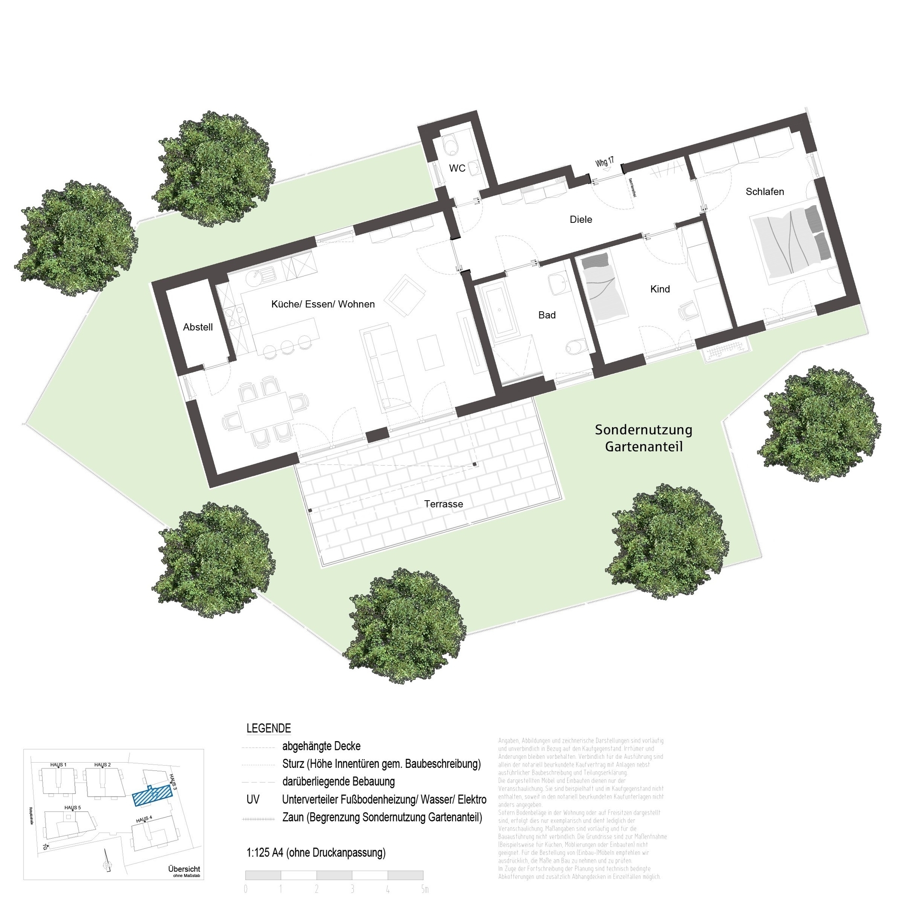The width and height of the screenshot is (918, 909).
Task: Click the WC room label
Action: tap(457, 168)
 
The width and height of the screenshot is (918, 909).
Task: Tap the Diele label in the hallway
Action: tap(580, 219)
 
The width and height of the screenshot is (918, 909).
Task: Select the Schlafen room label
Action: tap(765, 192)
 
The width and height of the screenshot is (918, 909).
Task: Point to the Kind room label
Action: tap(660, 289)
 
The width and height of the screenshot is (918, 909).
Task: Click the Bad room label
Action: tap(546, 315)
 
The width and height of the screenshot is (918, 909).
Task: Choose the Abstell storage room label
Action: tap(197, 327)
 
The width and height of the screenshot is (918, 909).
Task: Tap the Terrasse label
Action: tap(443, 504)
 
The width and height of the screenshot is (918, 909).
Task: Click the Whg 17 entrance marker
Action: tap(604, 162)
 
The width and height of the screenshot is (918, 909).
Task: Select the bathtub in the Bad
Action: tap(500, 313)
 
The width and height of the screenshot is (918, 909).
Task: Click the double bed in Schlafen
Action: tap(791, 243)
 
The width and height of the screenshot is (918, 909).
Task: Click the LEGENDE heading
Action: tap(268, 728)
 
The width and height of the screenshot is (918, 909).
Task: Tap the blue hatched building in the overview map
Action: tap(152, 796)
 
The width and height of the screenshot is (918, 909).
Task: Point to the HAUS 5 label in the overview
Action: tap(73, 808)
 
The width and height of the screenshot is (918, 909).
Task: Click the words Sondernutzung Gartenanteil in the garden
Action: tap(644, 438)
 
